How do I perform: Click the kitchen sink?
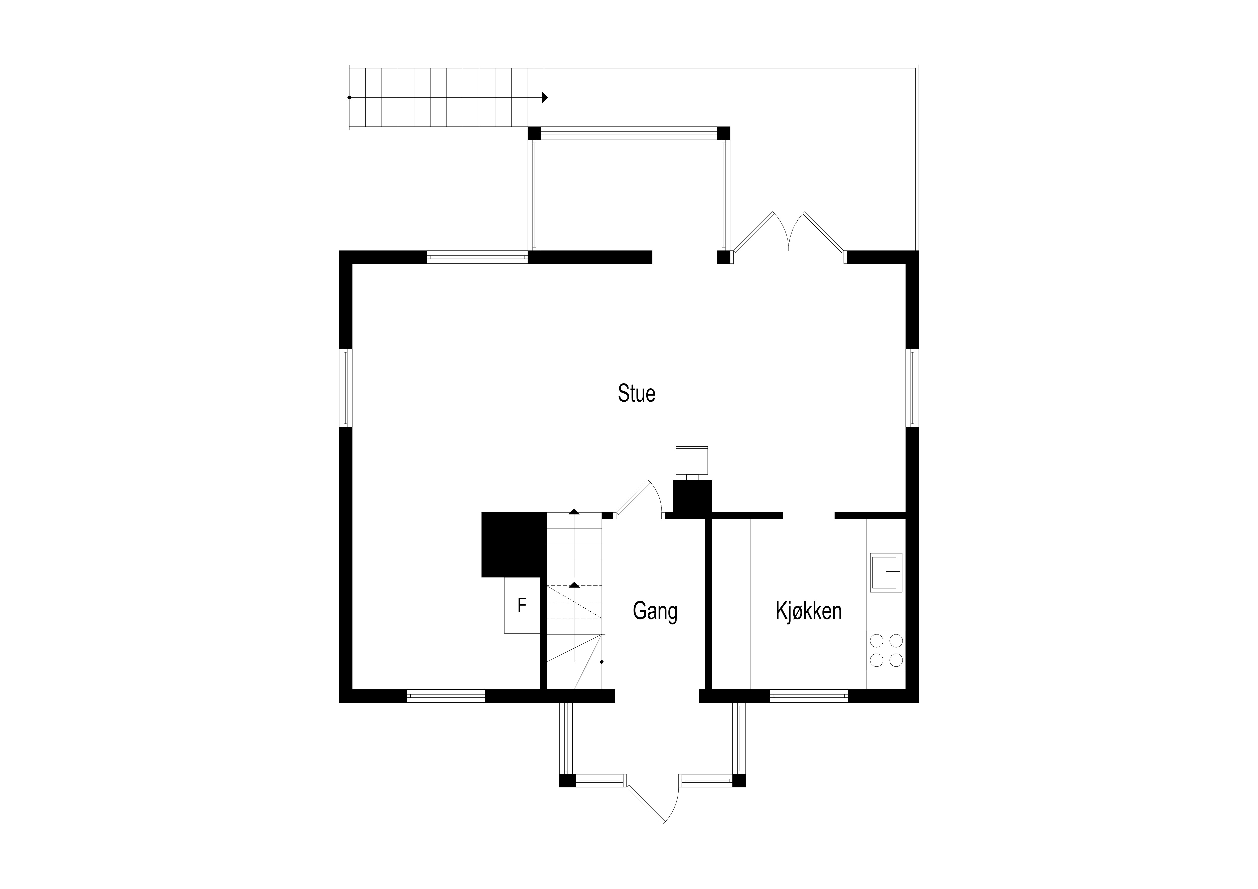pos(886,572)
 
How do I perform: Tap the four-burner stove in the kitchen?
pos(886,650)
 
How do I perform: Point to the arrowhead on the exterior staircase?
pos(545,98)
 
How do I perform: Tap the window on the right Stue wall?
pos(912,388)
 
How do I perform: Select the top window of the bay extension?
pos(628,133)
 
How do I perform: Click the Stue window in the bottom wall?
pos(446,696)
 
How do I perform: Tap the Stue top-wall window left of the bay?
pos(477,257)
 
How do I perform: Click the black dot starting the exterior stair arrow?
pos(349,98)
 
